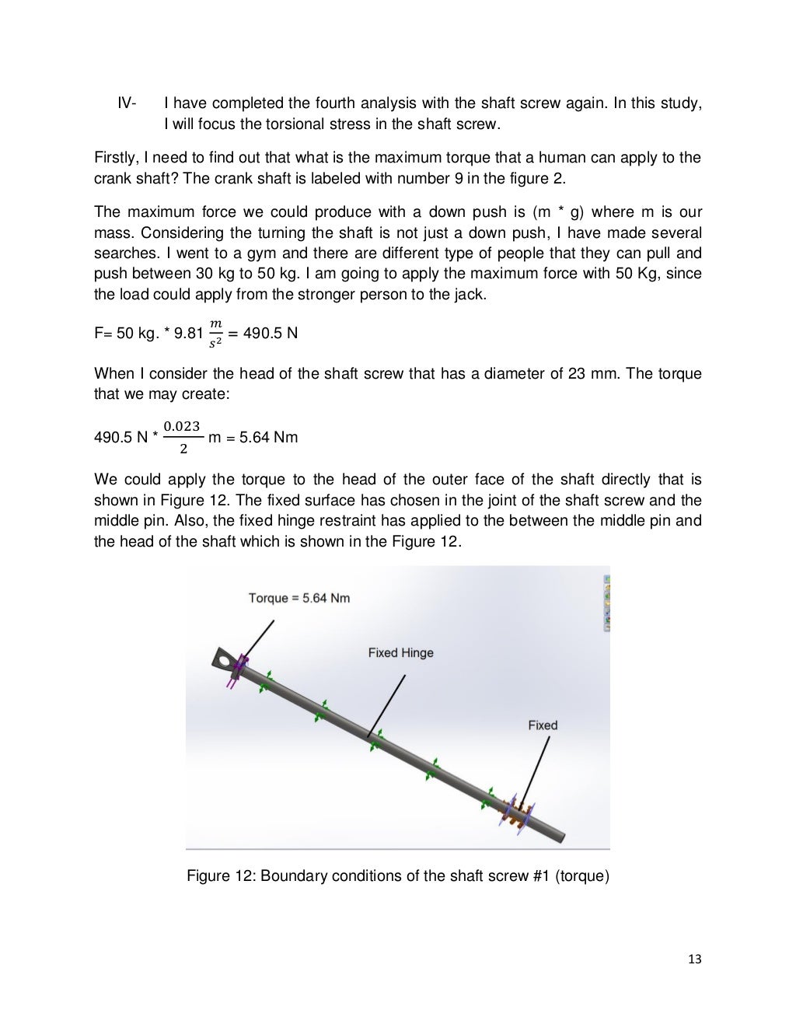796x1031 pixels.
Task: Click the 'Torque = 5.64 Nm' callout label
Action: [298, 598]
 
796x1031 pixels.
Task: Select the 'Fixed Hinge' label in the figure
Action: [400, 653]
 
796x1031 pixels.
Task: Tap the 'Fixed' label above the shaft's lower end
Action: [543, 725]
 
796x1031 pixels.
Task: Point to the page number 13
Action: [694, 959]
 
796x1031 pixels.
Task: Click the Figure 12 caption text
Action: [398, 876]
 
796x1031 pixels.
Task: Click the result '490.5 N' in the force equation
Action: [271, 334]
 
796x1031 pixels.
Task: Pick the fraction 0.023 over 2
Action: [183, 438]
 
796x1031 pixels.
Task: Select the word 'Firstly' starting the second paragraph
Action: [116, 158]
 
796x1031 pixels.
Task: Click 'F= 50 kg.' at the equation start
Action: [123, 334]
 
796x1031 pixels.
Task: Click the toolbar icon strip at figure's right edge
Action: [606, 603]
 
